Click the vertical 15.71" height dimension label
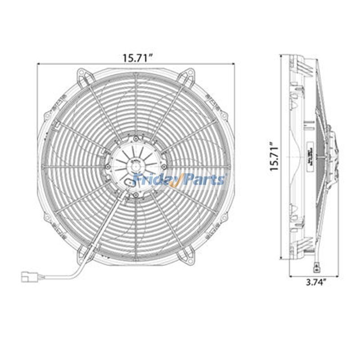click(x=276, y=157)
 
